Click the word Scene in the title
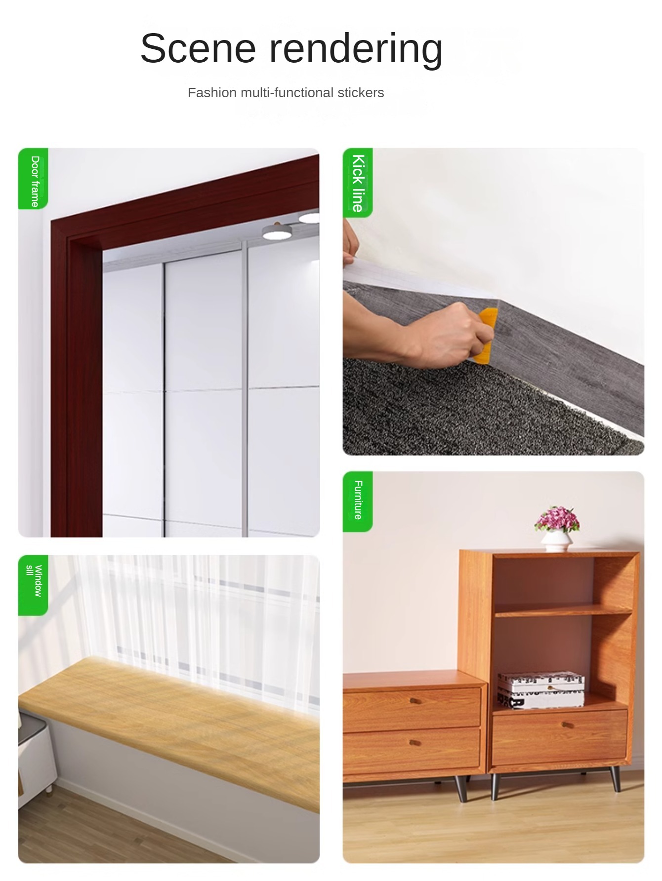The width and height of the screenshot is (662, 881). point(198,48)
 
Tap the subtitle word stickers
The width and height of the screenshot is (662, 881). point(361,93)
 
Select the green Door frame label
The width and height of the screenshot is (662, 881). point(33,179)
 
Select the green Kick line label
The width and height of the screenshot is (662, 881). point(358,183)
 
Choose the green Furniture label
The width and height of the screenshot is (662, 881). point(358,501)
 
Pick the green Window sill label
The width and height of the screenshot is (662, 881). point(33,585)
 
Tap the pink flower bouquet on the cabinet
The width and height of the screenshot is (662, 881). point(557,519)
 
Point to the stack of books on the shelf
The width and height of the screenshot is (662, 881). point(540,690)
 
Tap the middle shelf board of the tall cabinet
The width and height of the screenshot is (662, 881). point(563,612)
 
